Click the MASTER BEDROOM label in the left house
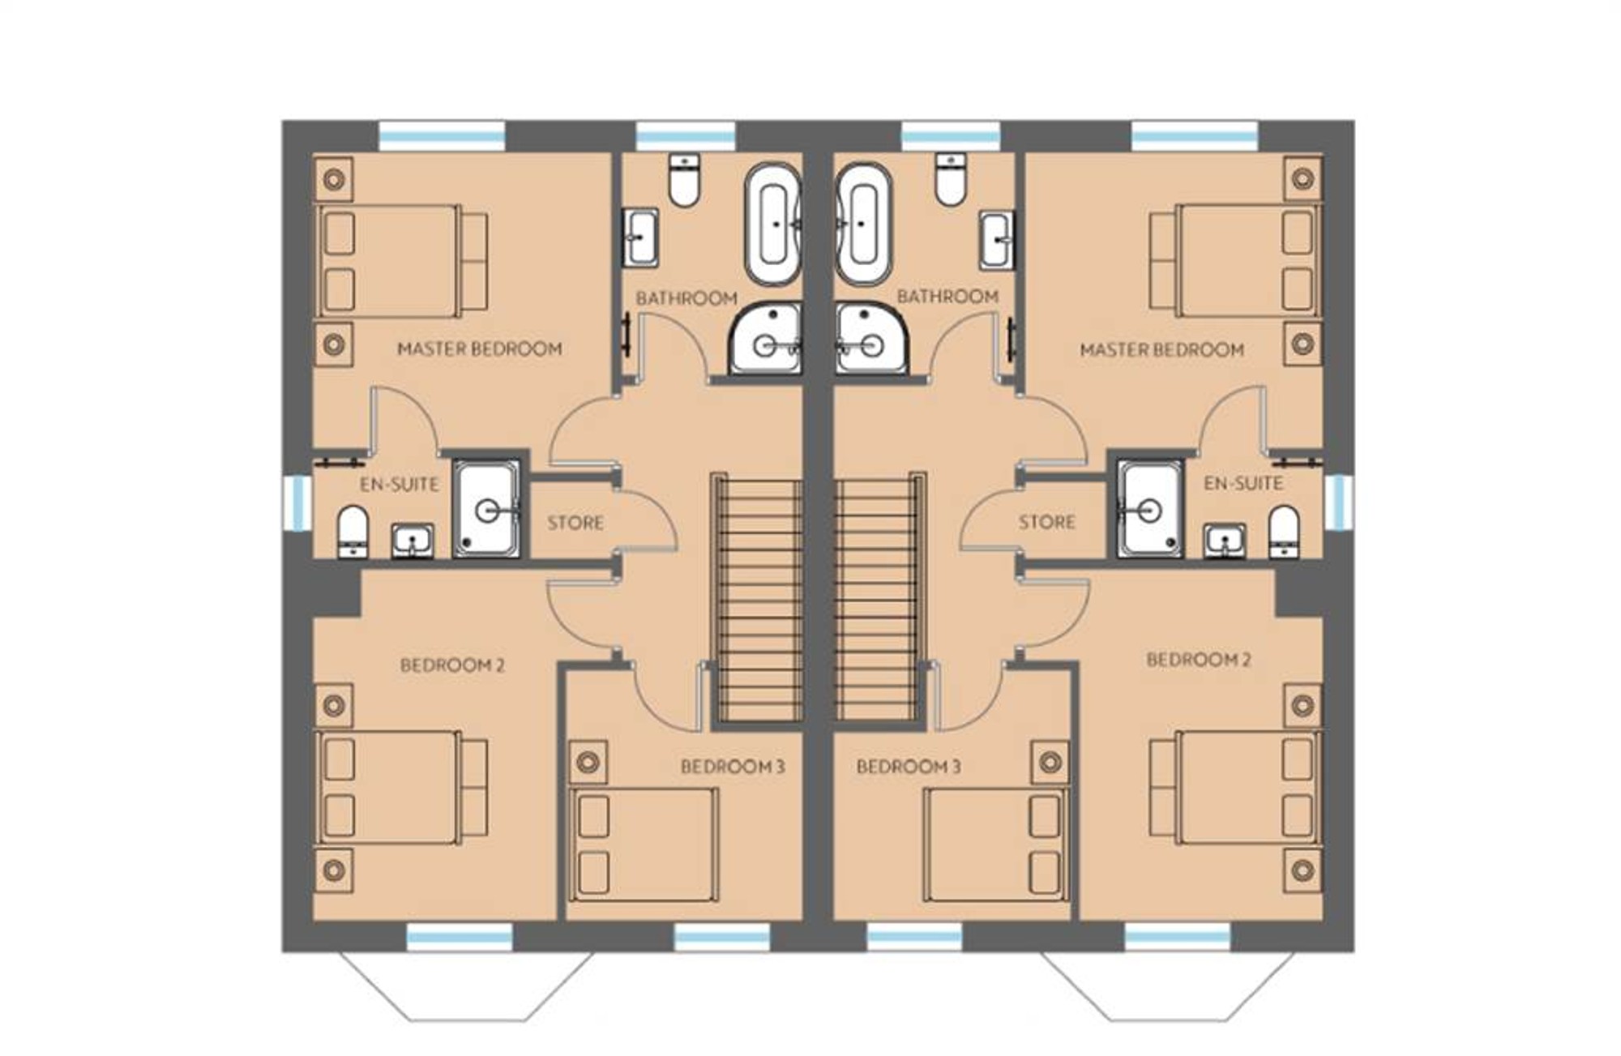480,349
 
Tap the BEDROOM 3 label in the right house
909,767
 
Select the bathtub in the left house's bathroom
773,224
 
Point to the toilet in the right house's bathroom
951,179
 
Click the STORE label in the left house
575,523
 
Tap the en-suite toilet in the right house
1284,532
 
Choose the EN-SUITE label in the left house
400,485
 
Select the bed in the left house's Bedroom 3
644,844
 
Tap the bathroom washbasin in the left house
640,237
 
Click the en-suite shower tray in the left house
485,509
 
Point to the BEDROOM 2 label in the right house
1199,661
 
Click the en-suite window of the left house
297,502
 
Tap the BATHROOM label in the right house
947,297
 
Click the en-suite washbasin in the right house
1225,541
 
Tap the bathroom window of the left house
686,135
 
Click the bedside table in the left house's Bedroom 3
588,762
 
